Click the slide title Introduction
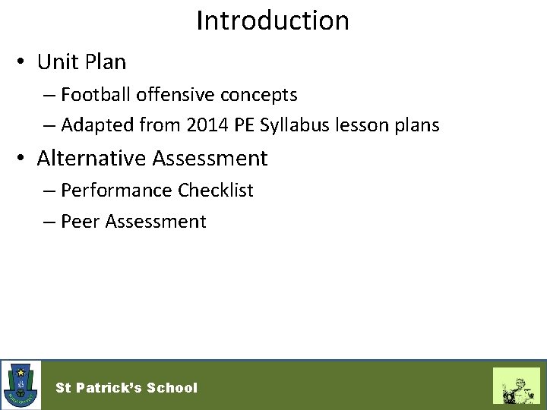[273, 20]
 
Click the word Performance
[117, 191]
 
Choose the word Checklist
[216, 191]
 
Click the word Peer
[81, 222]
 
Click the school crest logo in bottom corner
[21, 384]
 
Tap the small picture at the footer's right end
[516, 385]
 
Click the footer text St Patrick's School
[126, 387]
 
